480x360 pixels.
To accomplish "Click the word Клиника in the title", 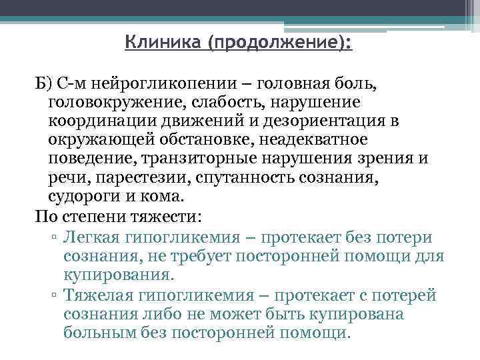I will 163,45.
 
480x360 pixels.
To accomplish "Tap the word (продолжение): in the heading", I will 281,45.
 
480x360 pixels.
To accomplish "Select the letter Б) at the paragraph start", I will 43,84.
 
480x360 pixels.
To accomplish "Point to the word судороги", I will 80,198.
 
